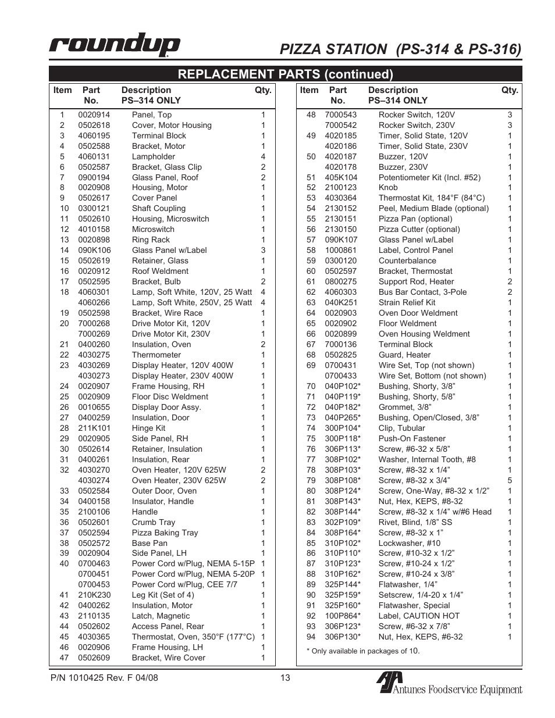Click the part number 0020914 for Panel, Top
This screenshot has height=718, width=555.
pyautogui.click(x=94, y=115)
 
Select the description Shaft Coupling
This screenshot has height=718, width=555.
pyautogui.click(x=158, y=209)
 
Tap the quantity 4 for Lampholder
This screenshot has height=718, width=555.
pyautogui.click(x=263, y=157)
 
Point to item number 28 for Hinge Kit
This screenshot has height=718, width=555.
pyautogui.click(x=64, y=428)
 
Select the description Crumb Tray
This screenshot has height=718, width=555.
pyautogui.click(x=153, y=523)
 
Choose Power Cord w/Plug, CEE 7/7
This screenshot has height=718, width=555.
pyautogui.click(x=184, y=585)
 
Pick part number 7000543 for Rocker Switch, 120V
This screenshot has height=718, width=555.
pyautogui.click(x=340, y=115)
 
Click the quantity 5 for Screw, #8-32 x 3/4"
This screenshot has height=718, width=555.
pyautogui.click(x=510, y=481)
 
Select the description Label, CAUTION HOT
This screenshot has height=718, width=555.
pyautogui.click(x=419, y=616)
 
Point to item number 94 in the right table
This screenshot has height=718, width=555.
pyautogui.click(x=311, y=637)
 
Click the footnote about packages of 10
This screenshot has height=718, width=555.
pyautogui.click(x=363, y=651)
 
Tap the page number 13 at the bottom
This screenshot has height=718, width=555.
pyautogui.click(x=284, y=678)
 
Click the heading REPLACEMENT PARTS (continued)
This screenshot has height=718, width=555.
pyautogui.click(x=285, y=74)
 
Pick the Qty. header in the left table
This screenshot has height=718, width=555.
pyautogui.click(x=263, y=91)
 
